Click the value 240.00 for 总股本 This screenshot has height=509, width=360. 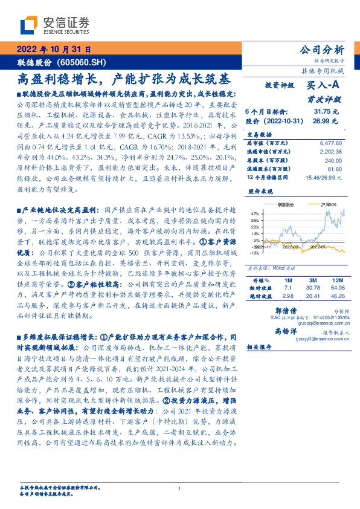point(334,161)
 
